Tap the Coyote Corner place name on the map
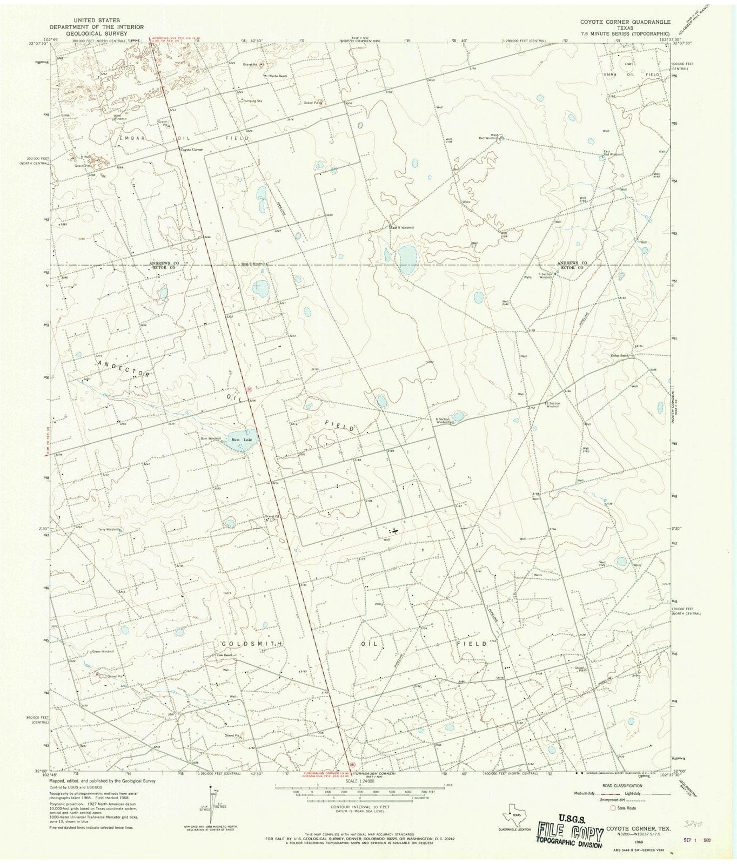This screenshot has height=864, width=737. click(191, 150)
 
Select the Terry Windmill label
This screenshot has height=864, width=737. click(109, 529)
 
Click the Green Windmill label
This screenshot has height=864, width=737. click(103, 652)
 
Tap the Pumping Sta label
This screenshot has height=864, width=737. click(252, 101)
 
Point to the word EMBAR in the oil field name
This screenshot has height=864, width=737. click(129, 138)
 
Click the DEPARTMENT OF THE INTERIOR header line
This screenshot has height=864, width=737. click(97, 26)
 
